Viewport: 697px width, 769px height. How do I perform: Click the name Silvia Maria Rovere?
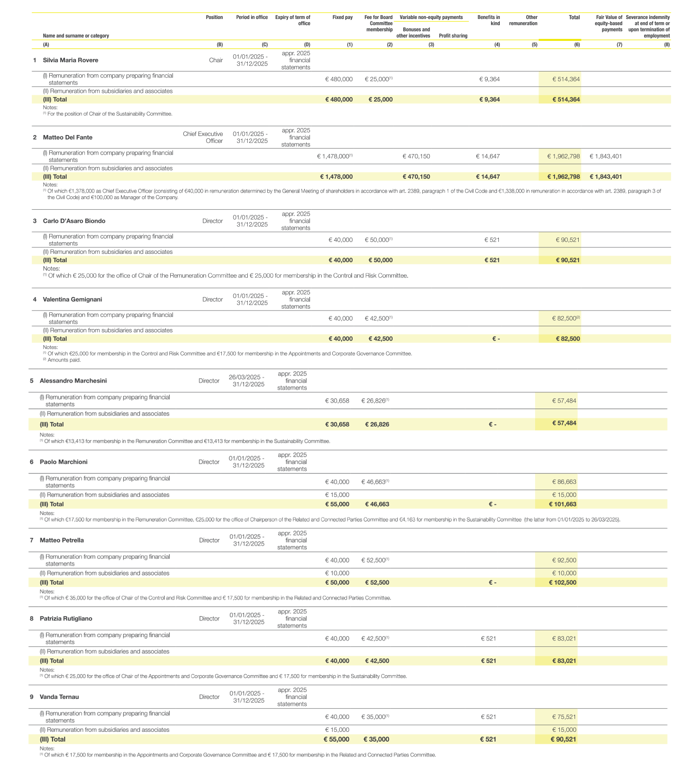[x=71, y=60]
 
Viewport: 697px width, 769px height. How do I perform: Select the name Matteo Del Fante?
[x=68, y=137]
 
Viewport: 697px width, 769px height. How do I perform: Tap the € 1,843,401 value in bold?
[x=606, y=177]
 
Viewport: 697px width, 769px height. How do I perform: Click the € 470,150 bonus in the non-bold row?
[x=416, y=156]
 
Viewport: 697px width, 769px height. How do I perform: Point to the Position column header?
[x=214, y=18]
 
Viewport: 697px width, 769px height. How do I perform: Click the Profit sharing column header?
[x=453, y=36]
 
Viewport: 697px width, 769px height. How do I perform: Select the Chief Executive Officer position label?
[x=203, y=137]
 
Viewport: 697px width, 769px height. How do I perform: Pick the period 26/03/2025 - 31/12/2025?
[x=246, y=381]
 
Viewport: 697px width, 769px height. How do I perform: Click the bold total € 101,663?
[x=562, y=504]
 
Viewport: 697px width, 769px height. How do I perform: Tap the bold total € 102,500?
[x=562, y=583]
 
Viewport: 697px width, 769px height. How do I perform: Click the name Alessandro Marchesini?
[x=73, y=381]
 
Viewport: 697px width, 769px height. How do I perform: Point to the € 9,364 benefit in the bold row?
[x=490, y=100]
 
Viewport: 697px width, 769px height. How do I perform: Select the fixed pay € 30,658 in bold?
[x=337, y=425]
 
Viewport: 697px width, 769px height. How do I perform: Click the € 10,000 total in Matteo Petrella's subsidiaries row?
[x=564, y=574]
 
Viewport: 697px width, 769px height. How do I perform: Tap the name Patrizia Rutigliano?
[x=66, y=619]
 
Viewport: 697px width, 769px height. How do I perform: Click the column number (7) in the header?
[x=619, y=45]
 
